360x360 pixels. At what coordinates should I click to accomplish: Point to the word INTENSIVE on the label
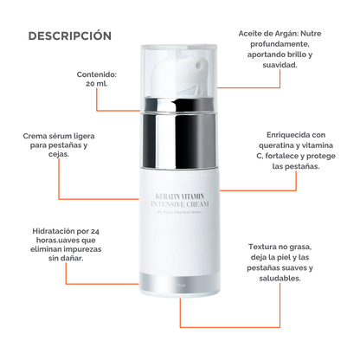click(x=162, y=207)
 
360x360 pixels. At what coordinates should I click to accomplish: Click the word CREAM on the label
click(x=200, y=207)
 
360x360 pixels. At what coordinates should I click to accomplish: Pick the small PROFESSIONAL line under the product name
click(x=180, y=216)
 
